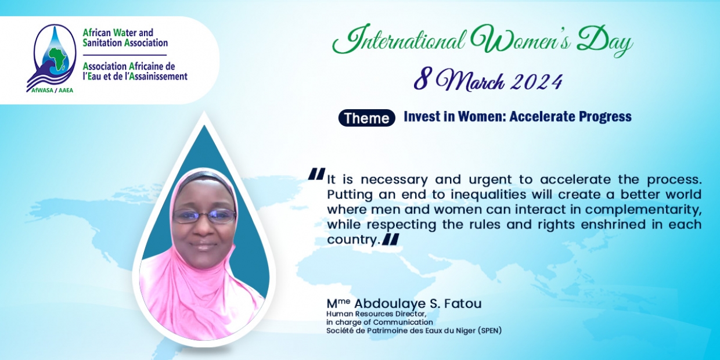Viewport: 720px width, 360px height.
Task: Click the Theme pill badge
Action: [367, 118]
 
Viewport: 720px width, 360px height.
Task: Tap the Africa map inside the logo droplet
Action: [58, 59]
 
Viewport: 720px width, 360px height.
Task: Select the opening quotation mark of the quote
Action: [316, 174]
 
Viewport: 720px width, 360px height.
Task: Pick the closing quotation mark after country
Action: [391, 239]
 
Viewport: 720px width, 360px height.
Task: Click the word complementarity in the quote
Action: [643, 210]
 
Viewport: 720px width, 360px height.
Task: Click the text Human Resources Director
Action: [376, 314]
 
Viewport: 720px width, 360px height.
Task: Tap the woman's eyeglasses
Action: [204, 216]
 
